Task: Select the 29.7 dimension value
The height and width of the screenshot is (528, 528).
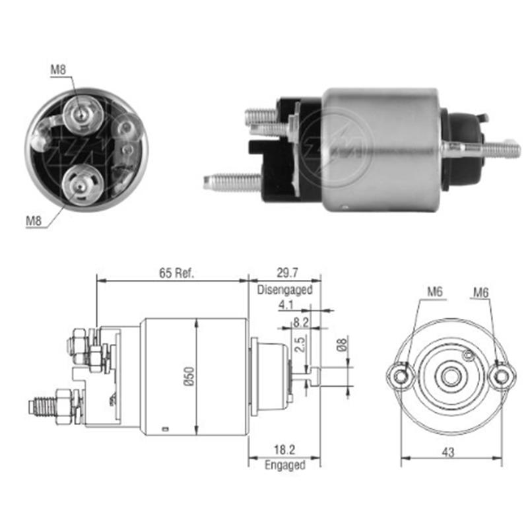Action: [284, 273]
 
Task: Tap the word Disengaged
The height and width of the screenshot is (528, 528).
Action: [284, 289]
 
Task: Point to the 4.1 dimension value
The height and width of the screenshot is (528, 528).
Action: [286, 305]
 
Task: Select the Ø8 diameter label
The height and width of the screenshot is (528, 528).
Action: [341, 345]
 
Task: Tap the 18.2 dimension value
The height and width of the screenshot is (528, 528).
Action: [284, 451]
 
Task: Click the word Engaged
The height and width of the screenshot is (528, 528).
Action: [284, 465]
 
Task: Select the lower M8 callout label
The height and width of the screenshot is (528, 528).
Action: [34, 221]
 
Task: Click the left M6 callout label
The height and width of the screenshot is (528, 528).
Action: [434, 291]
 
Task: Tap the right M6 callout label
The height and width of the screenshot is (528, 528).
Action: [480, 291]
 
